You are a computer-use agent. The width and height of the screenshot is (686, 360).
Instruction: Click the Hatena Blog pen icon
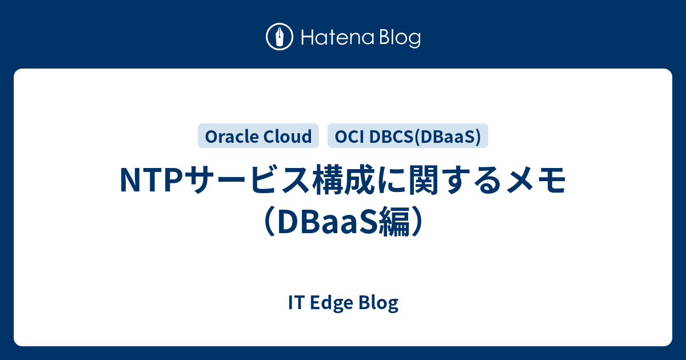pyautogui.click(x=280, y=37)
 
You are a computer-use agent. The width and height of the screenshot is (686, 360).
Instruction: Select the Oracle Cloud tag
pyautogui.click(x=258, y=136)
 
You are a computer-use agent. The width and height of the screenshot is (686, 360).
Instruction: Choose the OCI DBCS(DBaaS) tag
pyautogui.click(x=408, y=136)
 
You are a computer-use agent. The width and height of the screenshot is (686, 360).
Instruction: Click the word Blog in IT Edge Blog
pyautogui.click(x=378, y=303)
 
